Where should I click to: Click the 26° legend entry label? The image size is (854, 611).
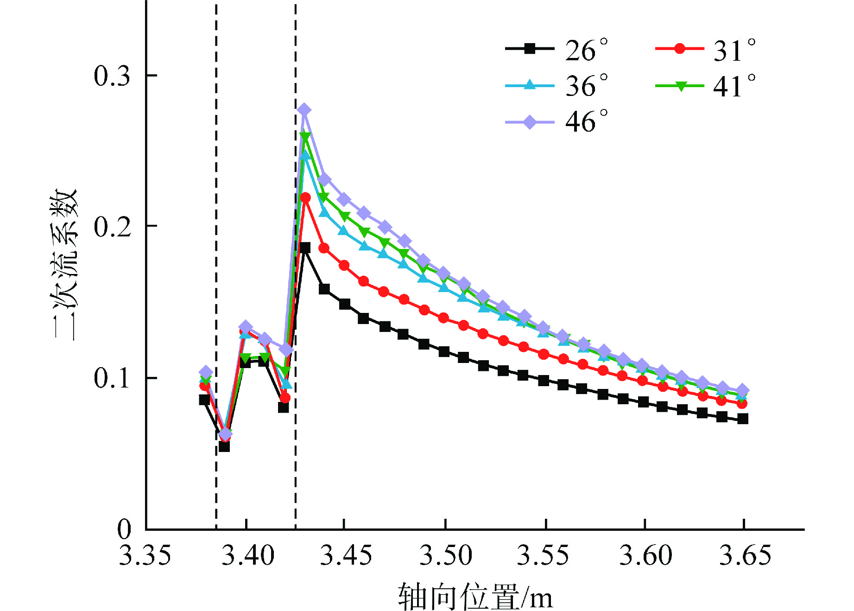[586, 50]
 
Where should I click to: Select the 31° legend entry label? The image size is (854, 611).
[734, 50]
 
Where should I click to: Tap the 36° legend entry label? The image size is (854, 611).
[586, 86]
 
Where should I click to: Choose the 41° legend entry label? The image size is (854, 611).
[734, 86]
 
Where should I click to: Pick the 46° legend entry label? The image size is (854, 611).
[586, 121]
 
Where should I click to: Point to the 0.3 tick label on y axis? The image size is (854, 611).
[112, 76]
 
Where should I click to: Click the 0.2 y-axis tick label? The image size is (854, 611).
[112, 227]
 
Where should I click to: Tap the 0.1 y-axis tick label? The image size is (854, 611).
[112, 378]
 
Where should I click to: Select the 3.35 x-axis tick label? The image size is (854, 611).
[145, 555]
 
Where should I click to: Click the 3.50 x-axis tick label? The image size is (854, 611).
[445, 555]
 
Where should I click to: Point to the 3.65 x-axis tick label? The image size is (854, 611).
[745, 555]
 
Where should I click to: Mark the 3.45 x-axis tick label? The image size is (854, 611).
[346, 555]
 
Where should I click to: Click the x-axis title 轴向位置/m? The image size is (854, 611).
[475, 597]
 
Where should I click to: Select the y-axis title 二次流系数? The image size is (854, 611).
[65, 264]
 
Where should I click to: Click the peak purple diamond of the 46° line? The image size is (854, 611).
[304, 110]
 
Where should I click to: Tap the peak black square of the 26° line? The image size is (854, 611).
[305, 248]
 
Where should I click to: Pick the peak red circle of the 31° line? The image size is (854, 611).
[305, 198]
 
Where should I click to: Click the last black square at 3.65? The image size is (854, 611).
[743, 419]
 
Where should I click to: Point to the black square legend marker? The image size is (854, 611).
[530, 48]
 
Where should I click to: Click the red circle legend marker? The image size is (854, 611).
[679, 48]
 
